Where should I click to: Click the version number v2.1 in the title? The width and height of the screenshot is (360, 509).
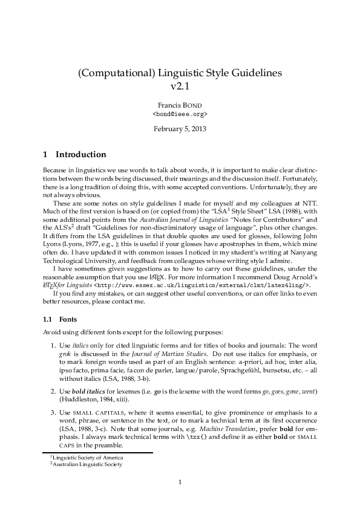coord(180,86)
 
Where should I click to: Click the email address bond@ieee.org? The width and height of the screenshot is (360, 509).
coord(180,113)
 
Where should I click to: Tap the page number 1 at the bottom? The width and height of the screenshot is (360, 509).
coord(180,482)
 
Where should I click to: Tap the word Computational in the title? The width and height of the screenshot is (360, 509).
coord(116,73)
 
